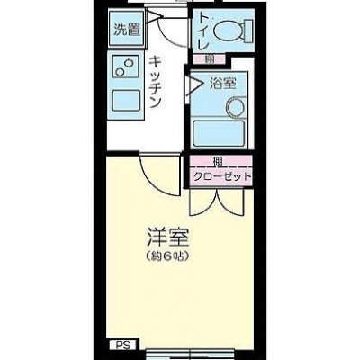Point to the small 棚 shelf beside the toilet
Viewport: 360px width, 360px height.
[209, 59]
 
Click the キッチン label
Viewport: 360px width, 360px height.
[156, 82]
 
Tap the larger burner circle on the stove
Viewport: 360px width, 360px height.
[129, 64]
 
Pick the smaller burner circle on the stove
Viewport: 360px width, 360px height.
[120, 72]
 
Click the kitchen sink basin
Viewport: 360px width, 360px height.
[126, 101]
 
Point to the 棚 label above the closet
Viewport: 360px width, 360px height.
[218, 161]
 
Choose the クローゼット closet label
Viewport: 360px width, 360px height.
[221, 176]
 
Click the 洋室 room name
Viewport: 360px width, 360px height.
[168, 238]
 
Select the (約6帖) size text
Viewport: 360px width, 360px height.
[168, 256]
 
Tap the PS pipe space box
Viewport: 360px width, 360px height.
[123, 346]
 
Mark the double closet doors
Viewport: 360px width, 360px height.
[217, 202]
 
